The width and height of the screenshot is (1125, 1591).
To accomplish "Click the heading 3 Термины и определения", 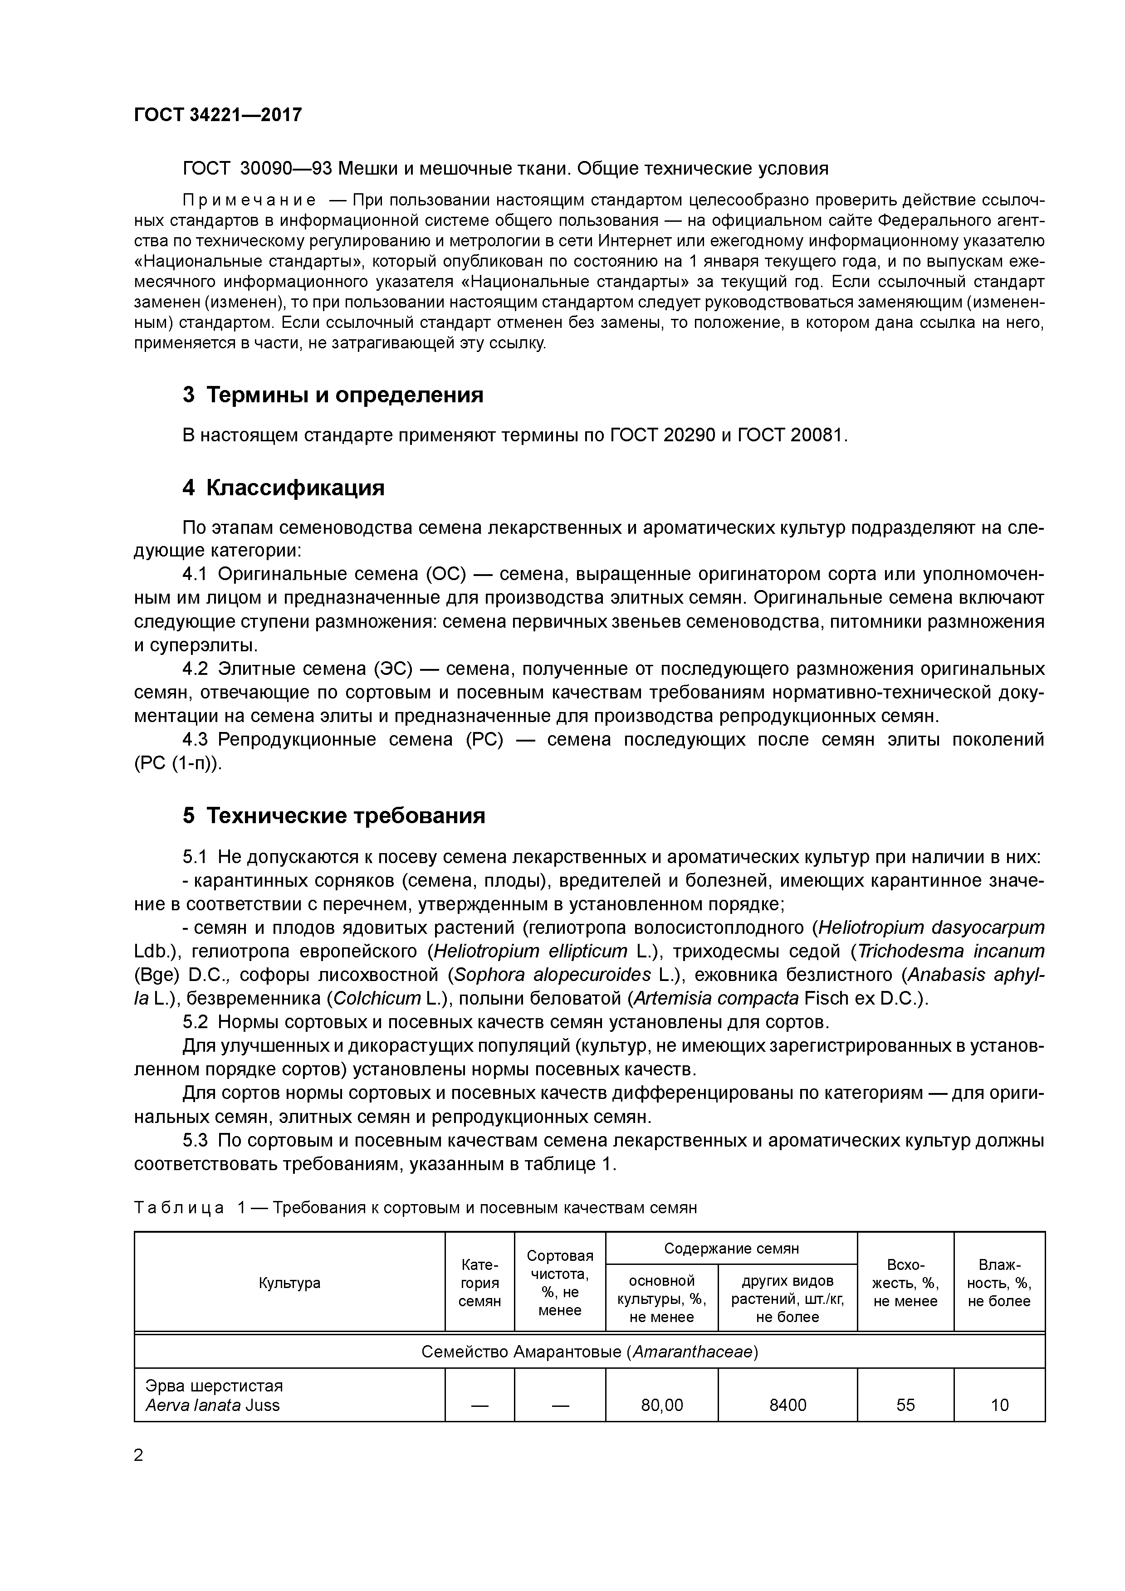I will tap(333, 395).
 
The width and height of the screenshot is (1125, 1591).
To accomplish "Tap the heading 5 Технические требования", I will tap(333, 815).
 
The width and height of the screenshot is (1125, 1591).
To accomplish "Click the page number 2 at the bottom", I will tap(139, 1456).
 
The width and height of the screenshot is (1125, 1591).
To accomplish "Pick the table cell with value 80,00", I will tap(661, 1405).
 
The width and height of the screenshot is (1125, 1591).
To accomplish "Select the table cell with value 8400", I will tap(787, 1405).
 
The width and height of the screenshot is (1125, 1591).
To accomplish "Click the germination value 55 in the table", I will tap(905, 1405).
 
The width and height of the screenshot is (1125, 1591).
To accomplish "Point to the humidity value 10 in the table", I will tap(999, 1405).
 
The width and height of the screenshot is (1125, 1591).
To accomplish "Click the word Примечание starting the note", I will tap(249, 201).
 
